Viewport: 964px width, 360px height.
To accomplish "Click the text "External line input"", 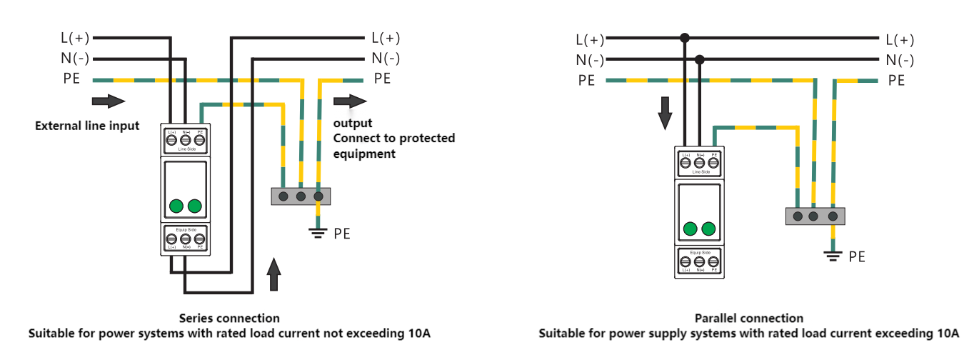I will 87,126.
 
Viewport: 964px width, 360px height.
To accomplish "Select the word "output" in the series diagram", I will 353,123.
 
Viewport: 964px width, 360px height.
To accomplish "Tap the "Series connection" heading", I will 229,318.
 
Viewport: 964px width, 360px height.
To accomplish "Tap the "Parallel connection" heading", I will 748,318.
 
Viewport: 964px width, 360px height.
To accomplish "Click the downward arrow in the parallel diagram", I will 665,114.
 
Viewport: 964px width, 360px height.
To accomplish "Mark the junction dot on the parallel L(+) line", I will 685,38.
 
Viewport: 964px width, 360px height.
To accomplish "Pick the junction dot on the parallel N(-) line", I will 700,59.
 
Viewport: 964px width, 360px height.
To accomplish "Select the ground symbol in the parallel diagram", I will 833,254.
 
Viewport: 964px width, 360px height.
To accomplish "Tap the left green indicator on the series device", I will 176,206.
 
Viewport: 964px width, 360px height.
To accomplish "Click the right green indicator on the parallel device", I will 708,229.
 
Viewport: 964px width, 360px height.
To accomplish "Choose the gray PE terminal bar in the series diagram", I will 301,196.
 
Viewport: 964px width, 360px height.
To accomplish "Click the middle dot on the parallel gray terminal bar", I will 815,216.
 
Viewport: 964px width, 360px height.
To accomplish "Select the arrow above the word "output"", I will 348,101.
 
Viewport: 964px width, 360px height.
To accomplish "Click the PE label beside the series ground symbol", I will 342,234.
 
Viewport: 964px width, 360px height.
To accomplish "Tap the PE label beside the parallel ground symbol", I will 856,256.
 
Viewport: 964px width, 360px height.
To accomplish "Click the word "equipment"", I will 364,154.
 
